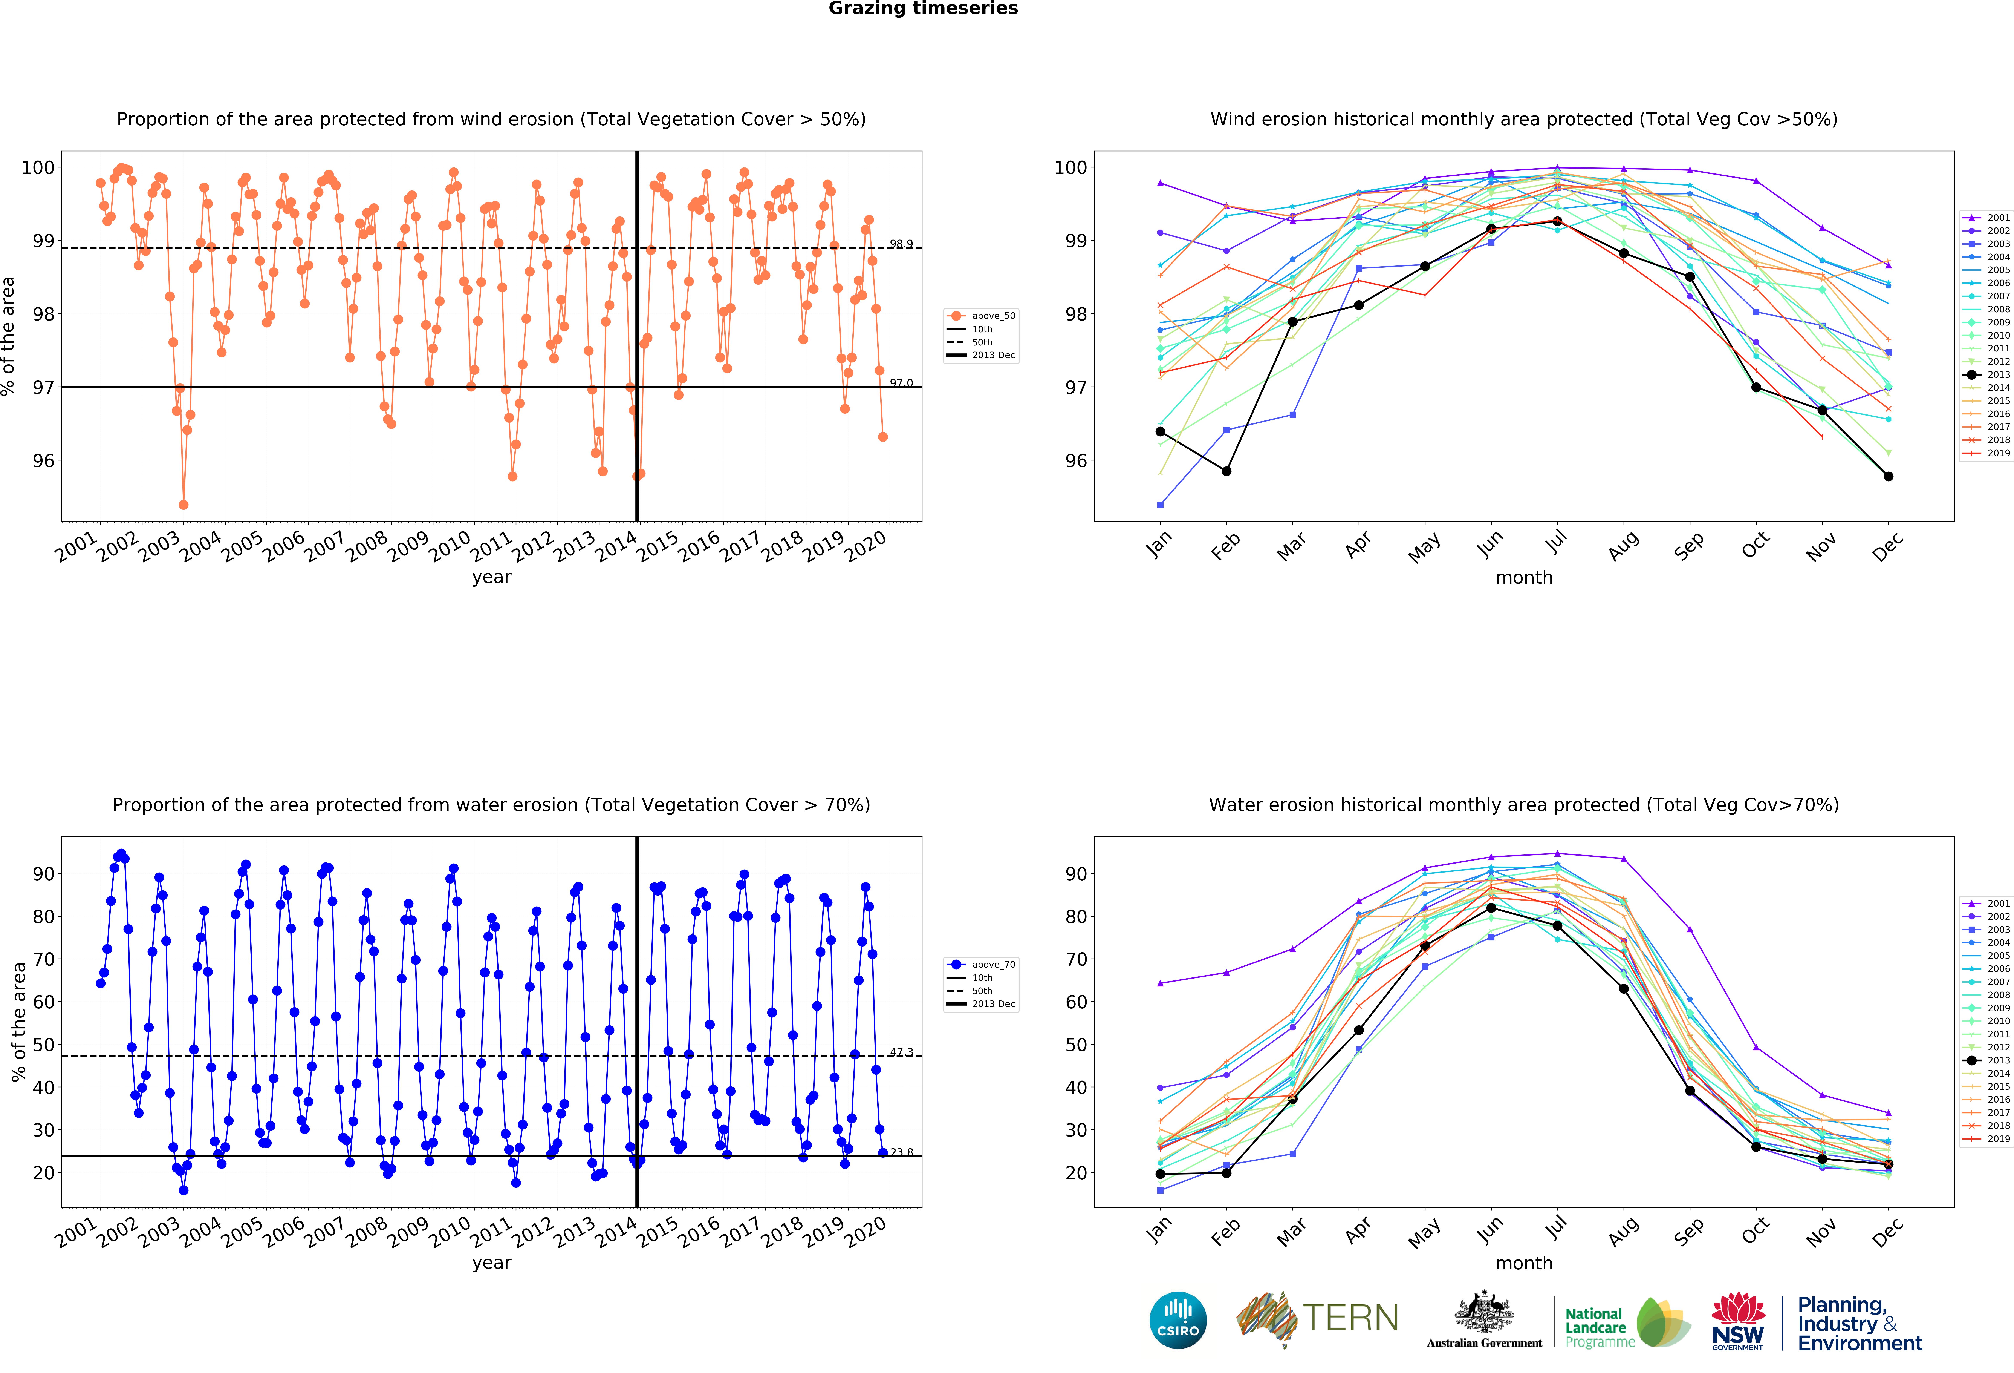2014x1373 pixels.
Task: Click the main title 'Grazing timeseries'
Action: [923, 9]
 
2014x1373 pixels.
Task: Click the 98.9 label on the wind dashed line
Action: [900, 244]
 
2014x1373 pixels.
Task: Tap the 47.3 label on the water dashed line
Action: [900, 1052]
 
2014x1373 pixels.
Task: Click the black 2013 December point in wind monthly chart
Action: [1888, 477]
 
